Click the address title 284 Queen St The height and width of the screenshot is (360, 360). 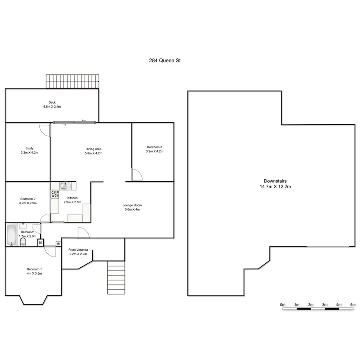[165, 61]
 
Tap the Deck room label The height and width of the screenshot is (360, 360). [52, 104]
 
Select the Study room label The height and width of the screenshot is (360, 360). [29, 150]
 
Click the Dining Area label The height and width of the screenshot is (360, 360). [93, 151]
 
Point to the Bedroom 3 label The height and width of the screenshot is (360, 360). [155, 149]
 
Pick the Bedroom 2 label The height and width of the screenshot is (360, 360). [28, 201]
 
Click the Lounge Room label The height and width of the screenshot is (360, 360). [132, 207]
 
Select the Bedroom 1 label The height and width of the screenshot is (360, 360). [34, 271]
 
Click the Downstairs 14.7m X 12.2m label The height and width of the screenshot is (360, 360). [275, 183]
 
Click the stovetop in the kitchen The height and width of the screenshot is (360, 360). [54, 194]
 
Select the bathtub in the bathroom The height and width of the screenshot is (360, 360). [11, 235]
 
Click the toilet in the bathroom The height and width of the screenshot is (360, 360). [23, 242]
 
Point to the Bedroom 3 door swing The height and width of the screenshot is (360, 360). [136, 175]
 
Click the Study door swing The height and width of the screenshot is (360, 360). [45, 130]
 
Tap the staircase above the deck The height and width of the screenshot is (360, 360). [72, 82]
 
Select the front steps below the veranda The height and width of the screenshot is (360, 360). [116, 278]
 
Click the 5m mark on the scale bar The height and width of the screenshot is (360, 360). [353, 305]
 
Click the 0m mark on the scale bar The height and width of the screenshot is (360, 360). [283, 305]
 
